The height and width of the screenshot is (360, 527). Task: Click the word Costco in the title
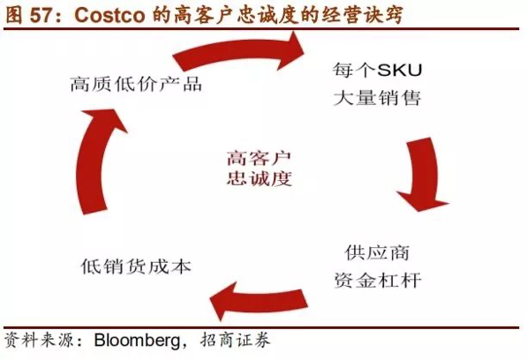click(x=109, y=15)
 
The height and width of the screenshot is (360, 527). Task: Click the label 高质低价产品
click(x=136, y=84)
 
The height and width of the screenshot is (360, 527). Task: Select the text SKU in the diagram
click(x=400, y=70)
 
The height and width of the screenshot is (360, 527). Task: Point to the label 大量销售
click(x=377, y=98)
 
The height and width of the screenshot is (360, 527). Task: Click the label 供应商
click(x=377, y=253)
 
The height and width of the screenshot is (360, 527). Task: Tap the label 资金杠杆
click(x=378, y=281)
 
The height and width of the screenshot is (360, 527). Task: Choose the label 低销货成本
click(x=136, y=267)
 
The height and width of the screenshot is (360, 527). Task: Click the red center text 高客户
click(x=259, y=159)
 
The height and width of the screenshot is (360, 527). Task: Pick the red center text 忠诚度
click(x=259, y=178)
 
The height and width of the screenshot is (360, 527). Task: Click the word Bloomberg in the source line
click(x=138, y=341)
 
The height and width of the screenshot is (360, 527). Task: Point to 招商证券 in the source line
click(x=235, y=341)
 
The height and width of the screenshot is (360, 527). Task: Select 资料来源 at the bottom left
click(x=38, y=341)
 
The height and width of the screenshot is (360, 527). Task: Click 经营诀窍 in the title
click(x=362, y=15)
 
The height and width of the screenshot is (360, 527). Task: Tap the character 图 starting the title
click(x=14, y=15)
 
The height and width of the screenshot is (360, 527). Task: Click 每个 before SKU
click(x=355, y=70)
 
